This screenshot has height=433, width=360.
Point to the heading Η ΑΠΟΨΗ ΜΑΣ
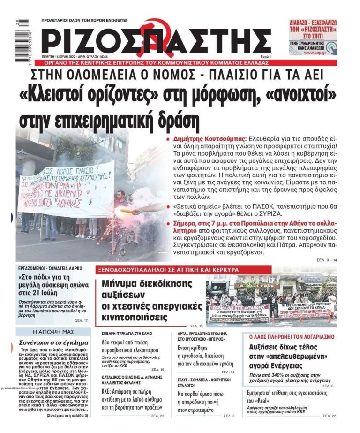pos(47,332)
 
